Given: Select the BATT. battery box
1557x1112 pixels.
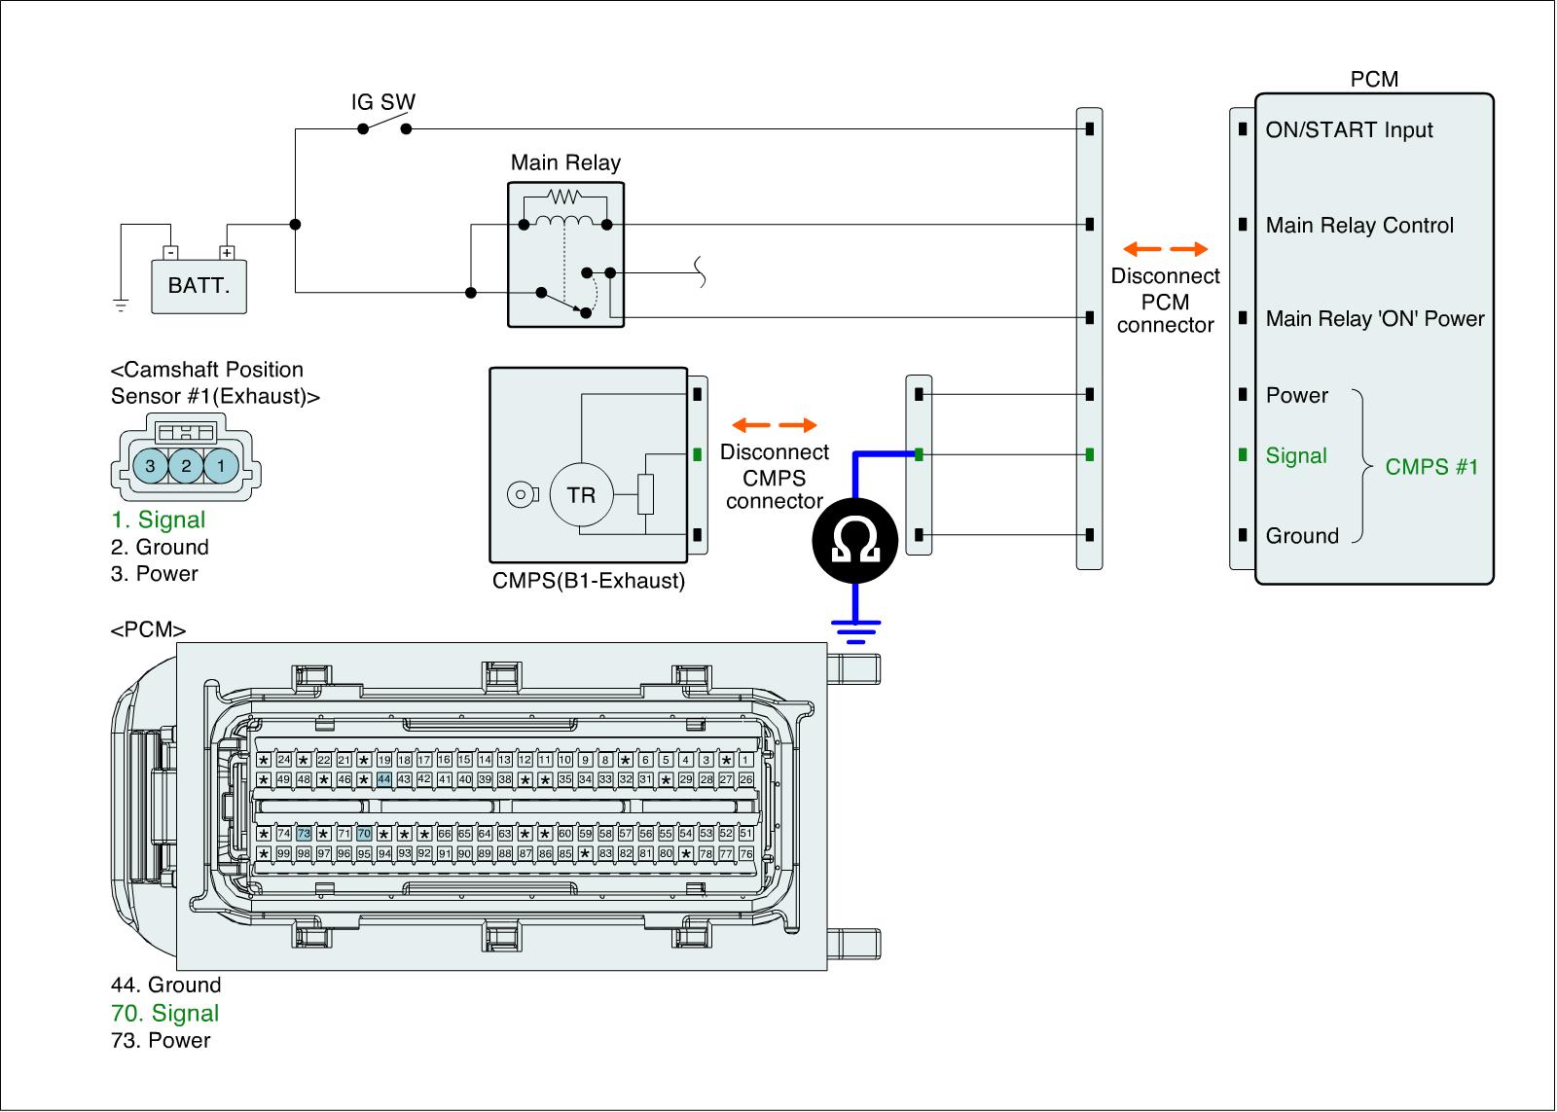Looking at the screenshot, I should (x=199, y=286).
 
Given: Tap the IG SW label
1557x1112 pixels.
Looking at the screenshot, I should (x=383, y=102).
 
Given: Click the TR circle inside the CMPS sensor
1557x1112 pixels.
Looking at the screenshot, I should (x=581, y=495).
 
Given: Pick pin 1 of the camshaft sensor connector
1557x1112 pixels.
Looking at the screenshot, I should (x=221, y=466).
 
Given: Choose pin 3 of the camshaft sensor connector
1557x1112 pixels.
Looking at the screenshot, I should (x=150, y=466).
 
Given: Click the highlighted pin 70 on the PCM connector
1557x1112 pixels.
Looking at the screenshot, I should (x=364, y=834).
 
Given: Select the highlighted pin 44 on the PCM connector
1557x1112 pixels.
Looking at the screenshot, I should (x=384, y=779).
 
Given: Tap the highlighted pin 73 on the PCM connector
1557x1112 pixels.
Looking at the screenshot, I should (x=304, y=834).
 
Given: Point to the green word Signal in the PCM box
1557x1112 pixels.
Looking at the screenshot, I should (x=1296, y=455).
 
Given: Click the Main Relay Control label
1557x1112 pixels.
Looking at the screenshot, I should (x=1359, y=226).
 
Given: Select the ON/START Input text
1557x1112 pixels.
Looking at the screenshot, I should (x=1349, y=130).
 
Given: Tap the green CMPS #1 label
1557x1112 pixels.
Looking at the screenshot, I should (x=1431, y=467).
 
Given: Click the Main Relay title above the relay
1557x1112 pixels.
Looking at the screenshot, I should (x=565, y=162).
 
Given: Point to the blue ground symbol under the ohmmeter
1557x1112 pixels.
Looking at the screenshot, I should (x=855, y=629).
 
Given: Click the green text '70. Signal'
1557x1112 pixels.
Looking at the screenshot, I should (x=164, y=1013).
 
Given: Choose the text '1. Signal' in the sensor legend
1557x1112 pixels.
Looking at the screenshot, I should (x=158, y=520).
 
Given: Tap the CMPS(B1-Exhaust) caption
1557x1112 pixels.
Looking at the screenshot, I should (x=589, y=582).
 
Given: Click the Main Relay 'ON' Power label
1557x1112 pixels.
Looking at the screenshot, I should (x=1375, y=319).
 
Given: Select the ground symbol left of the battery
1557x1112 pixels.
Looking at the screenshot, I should (x=121, y=305).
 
